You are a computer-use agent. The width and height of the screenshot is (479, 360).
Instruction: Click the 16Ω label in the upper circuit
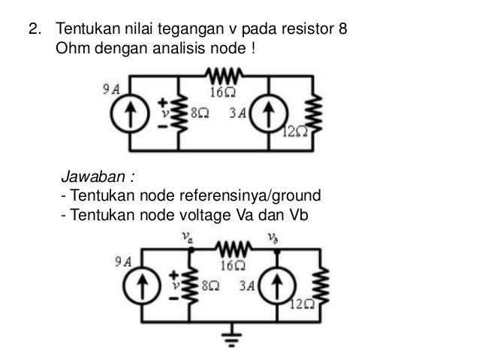pos(223,94)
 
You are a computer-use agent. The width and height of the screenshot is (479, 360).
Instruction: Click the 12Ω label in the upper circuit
pos(297,132)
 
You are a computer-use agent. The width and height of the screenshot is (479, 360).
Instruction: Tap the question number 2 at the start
pos(33,31)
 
